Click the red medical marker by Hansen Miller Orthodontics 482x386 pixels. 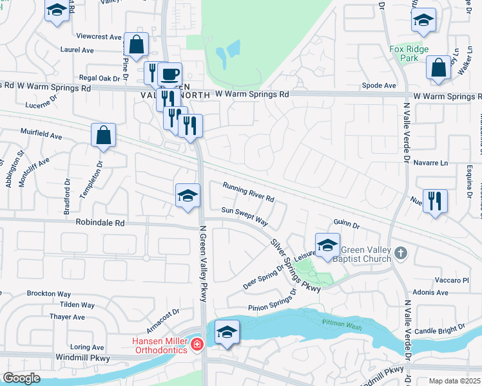197,346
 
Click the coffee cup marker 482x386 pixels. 169,75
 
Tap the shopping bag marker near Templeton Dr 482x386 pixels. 103,136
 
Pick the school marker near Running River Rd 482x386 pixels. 188,196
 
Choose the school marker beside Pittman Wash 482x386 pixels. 227,332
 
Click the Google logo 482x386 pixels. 21,378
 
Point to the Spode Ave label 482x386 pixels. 379,85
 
